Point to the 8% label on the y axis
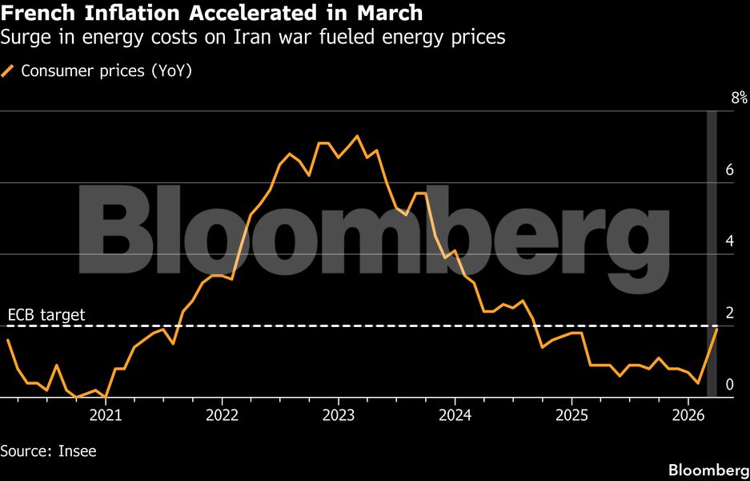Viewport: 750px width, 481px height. tap(739, 98)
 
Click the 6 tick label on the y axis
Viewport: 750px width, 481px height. tap(729, 169)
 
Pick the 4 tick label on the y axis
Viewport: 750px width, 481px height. tap(729, 240)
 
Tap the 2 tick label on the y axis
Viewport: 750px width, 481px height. tap(729, 312)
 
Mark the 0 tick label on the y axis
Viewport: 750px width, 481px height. tap(729, 384)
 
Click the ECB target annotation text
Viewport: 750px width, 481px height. tap(46, 315)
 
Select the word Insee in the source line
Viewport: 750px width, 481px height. tap(77, 451)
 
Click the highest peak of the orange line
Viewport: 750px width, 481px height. tap(357, 135)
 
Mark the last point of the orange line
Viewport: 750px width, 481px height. tap(717, 329)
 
